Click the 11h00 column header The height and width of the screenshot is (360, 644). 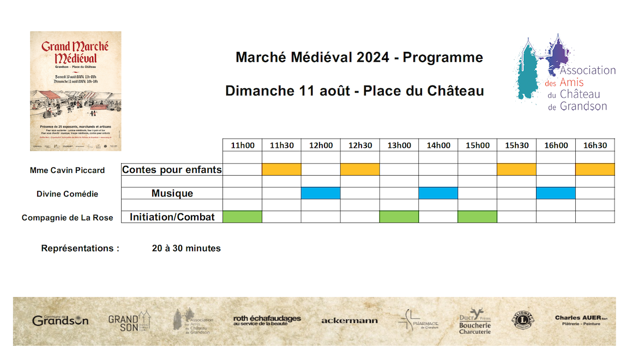pyautogui.click(x=243, y=145)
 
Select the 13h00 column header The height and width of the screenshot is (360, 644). pyautogui.click(x=399, y=145)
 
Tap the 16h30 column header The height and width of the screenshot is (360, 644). pyautogui.click(x=595, y=145)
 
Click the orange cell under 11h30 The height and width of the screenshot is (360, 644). pyautogui.click(x=282, y=169)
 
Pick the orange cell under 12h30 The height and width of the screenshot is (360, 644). pyautogui.click(x=360, y=169)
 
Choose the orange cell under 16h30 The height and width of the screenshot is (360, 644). pyautogui.click(x=595, y=169)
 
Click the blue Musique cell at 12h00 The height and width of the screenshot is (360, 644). pyautogui.click(x=321, y=193)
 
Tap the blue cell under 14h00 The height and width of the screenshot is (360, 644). pyautogui.click(x=438, y=193)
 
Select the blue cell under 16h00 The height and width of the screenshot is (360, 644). pyautogui.click(x=556, y=193)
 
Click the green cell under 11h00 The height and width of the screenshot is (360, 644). pyautogui.click(x=243, y=217)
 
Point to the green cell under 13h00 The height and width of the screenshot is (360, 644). pyautogui.click(x=399, y=217)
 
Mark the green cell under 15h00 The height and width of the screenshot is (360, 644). pyautogui.click(x=477, y=217)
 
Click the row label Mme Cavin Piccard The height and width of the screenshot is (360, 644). pyautogui.click(x=67, y=170)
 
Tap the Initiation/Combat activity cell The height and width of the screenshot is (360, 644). pyautogui.click(x=172, y=217)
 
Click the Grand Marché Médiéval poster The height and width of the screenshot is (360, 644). pyautogui.click(x=76, y=91)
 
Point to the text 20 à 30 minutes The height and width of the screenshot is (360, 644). pyautogui.click(x=186, y=248)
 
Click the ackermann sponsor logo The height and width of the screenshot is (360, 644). pyautogui.click(x=349, y=321)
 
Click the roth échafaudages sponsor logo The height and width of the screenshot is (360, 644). pyautogui.click(x=267, y=320)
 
